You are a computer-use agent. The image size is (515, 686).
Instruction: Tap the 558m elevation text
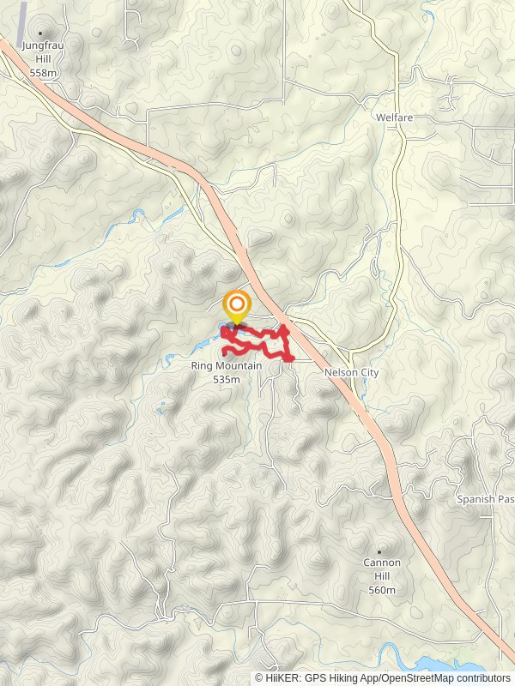click(42, 74)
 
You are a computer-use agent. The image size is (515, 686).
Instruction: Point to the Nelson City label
click(351, 373)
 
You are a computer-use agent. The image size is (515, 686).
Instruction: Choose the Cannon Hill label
click(381, 563)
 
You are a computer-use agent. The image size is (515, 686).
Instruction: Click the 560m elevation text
click(381, 590)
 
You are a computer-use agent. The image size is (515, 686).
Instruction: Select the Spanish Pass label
click(485, 499)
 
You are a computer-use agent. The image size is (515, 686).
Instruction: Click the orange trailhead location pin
click(237, 306)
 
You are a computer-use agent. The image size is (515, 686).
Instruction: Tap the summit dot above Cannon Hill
click(380, 551)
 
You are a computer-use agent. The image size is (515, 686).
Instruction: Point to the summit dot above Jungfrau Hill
click(39, 33)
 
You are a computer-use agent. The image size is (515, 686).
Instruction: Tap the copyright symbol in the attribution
click(259, 677)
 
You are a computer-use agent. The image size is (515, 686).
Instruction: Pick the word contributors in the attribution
click(482, 677)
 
